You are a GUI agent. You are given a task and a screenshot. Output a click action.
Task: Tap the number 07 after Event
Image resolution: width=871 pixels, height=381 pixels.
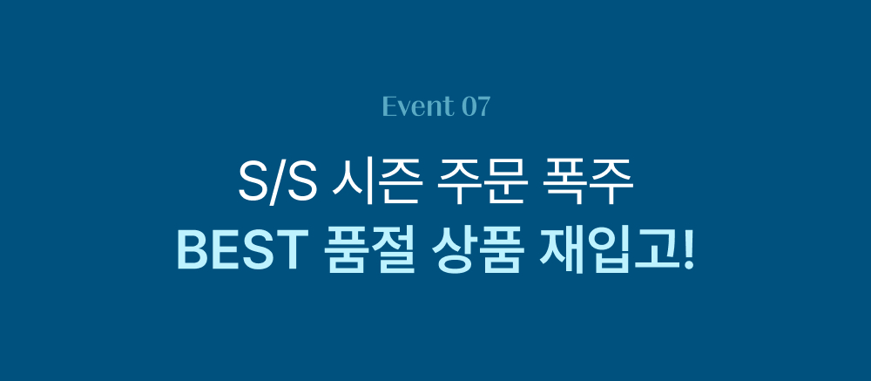(x=476, y=106)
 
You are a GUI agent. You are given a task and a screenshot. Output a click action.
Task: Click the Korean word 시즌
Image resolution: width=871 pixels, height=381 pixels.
(x=376, y=184)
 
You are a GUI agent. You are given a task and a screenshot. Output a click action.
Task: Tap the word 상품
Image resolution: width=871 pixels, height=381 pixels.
(x=477, y=253)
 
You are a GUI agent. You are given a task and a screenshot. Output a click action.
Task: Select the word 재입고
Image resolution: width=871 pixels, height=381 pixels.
(x=610, y=253)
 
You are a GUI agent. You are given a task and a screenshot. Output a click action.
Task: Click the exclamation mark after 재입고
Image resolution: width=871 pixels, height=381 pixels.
(x=689, y=253)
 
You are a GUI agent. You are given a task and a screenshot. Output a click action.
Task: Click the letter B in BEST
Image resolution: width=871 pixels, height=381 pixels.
(x=191, y=253)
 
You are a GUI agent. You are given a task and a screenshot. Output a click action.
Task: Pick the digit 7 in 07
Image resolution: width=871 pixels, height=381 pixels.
(x=483, y=107)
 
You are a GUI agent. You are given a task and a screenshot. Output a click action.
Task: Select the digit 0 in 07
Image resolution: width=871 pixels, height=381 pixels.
(x=469, y=107)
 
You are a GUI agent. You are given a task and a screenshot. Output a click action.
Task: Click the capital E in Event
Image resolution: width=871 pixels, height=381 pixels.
(x=389, y=106)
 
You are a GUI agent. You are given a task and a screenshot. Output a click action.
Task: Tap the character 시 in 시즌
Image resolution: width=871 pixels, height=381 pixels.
(x=353, y=184)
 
